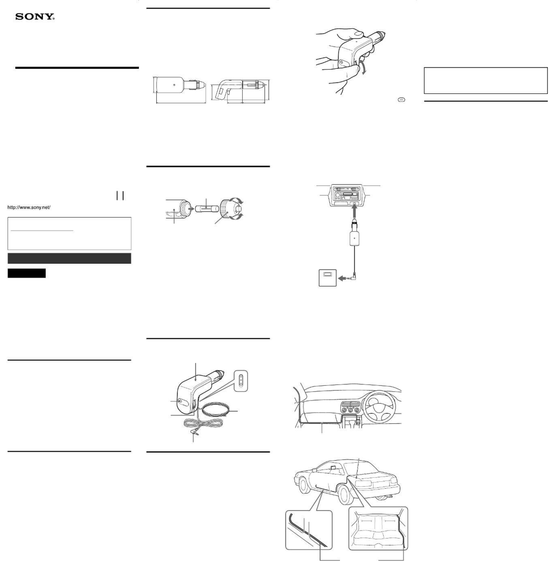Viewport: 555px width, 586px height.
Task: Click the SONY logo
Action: click(x=35, y=17)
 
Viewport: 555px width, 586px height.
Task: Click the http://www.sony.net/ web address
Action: click(x=29, y=207)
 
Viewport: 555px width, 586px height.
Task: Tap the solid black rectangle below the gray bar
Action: click(x=27, y=273)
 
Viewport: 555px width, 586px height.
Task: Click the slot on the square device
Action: click(x=327, y=275)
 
